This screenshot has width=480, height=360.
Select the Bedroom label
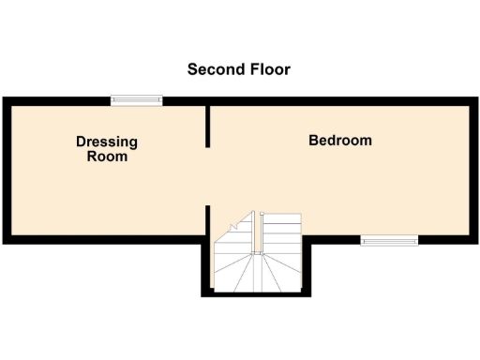tap(340, 141)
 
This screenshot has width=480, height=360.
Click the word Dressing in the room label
tap(107, 142)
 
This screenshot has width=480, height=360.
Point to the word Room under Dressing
tap(107, 157)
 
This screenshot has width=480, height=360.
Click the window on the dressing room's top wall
tap(135, 100)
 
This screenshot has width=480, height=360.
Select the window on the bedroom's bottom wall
tap(390, 241)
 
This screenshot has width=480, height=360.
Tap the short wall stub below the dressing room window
tap(208, 126)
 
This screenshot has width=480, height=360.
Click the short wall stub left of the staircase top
tap(208, 222)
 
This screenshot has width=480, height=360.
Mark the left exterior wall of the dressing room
tap(6, 171)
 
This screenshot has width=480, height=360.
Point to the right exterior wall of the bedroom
tap(472, 171)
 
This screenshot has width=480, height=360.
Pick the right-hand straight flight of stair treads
tap(281, 234)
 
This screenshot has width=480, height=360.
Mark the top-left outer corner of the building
tap(4, 98)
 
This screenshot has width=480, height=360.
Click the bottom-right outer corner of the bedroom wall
tap(474, 243)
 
